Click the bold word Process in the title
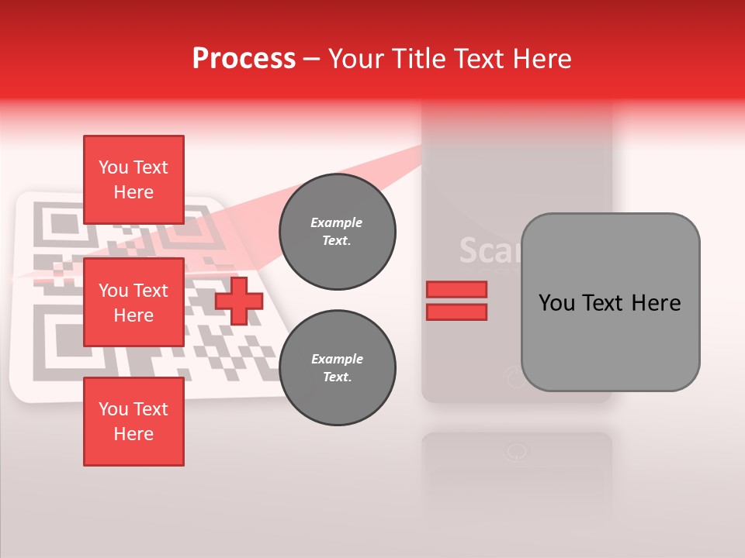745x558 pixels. click(244, 59)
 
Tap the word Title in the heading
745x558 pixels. click(418, 59)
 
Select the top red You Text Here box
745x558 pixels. click(133, 180)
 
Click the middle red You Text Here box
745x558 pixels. click(133, 302)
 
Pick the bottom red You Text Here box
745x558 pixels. click(133, 422)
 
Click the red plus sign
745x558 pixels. click(239, 301)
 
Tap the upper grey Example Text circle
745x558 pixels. click(337, 232)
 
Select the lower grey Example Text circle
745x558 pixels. click(337, 368)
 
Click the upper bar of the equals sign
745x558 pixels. click(456, 290)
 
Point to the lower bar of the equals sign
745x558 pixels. click(456, 312)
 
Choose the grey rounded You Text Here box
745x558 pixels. click(610, 302)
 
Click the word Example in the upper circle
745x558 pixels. click(337, 223)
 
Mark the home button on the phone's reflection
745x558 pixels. click(515, 453)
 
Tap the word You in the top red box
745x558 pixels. click(113, 167)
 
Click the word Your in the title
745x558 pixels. click(356, 59)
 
